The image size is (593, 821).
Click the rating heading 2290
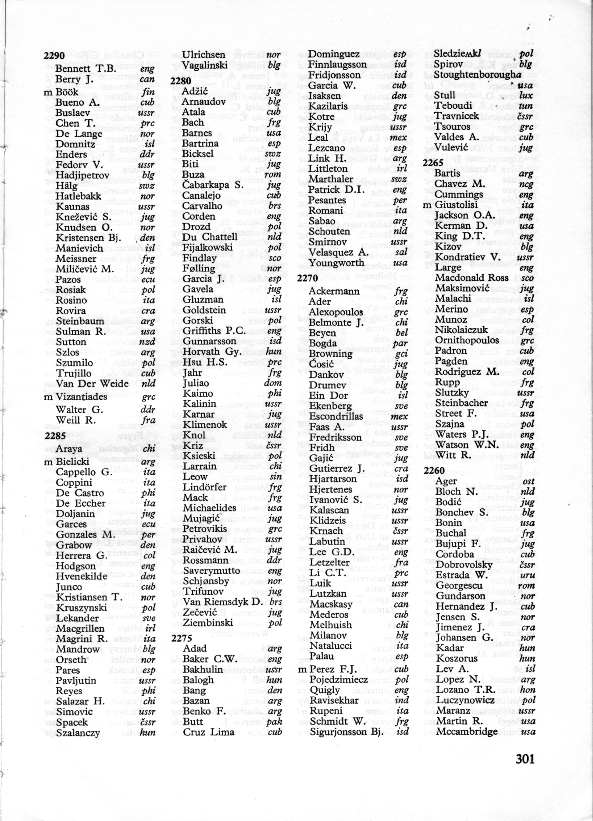[x=54, y=56]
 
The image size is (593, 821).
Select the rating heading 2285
[x=55, y=436]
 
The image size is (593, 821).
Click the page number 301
[x=525, y=758]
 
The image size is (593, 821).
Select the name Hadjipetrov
[x=82, y=175]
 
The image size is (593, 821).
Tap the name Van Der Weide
[x=92, y=384]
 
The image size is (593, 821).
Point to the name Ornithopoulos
[x=467, y=341]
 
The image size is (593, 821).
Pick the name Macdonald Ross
[x=472, y=278]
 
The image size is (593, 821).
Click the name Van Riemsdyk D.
[x=223, y=602]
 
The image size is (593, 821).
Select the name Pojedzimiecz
[x=339, y=679]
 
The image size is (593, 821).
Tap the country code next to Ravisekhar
[x=402, y=700]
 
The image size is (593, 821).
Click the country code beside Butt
[x=275, y=721]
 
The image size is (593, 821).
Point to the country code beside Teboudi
[x=526, y=106]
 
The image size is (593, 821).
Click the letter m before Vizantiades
[x=48, y=397]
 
